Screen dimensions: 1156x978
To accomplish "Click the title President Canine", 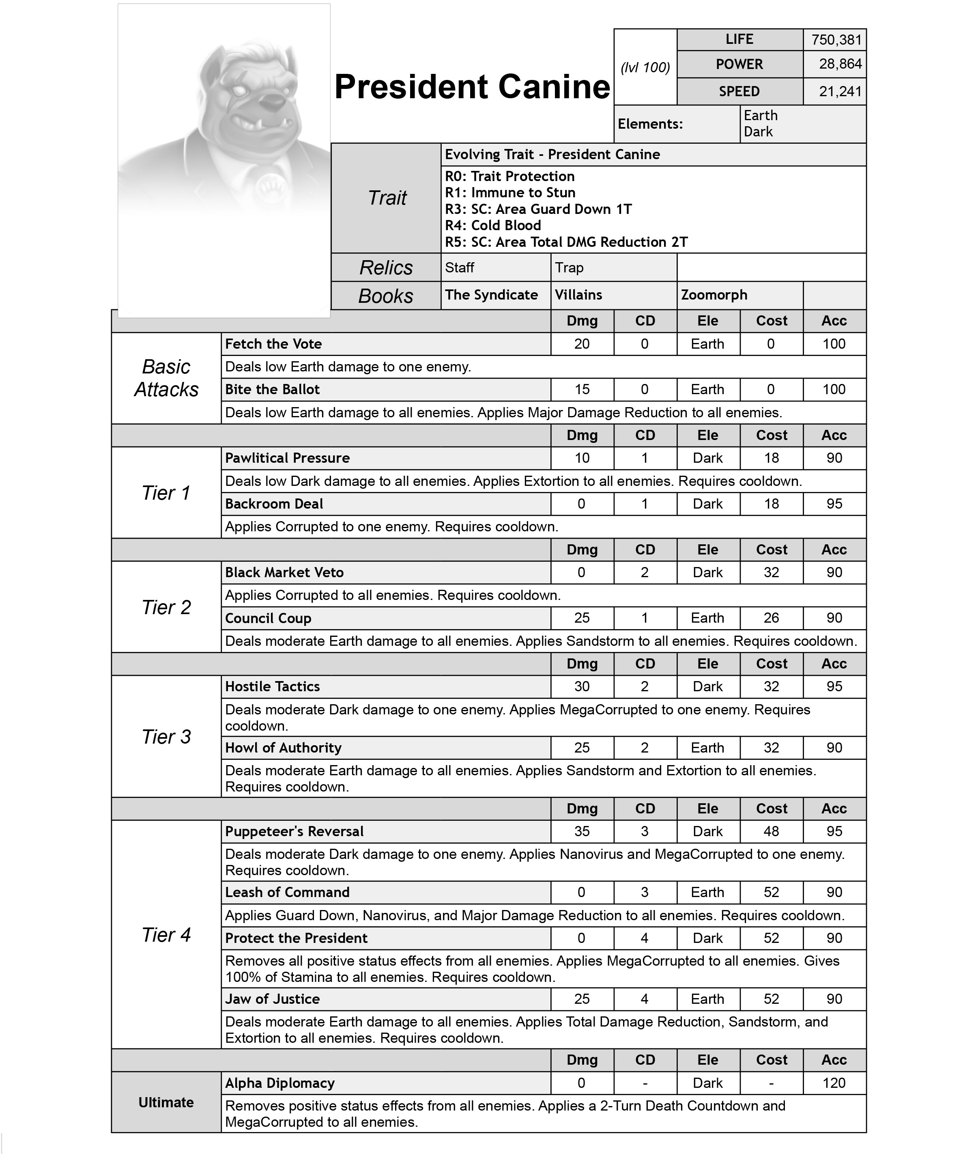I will coord(472,87).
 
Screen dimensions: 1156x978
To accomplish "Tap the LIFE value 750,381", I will coord(836,40).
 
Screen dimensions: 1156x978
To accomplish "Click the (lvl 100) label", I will coord(645,68).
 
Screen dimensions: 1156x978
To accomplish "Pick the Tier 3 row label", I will coord(166,737).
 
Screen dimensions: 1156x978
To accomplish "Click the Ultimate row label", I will coord(166,1103).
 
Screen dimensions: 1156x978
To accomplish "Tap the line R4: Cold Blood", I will coord(493,226).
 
